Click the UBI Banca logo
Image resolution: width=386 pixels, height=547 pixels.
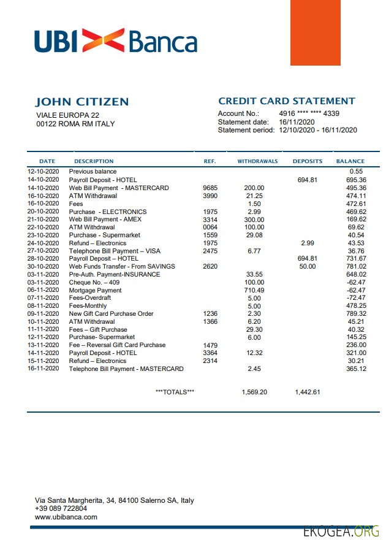[116, 41]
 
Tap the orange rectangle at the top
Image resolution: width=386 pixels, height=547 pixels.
[315, 33]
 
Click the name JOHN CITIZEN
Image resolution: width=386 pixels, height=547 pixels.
[82, 102]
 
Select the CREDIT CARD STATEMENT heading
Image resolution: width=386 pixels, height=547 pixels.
[286, 101]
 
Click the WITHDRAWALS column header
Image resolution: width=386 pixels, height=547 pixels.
[257, 161]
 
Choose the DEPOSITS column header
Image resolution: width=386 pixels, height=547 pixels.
[307, 161]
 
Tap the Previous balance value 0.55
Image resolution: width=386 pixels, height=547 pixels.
[357, 172]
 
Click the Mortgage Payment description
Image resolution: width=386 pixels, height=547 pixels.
[95, 290]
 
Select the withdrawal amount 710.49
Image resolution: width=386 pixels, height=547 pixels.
[254, 290]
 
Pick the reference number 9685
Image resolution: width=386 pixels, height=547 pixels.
[210, 188]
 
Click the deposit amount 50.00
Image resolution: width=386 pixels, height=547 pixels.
[307, 266]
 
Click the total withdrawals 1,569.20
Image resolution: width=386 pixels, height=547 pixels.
[254, 392]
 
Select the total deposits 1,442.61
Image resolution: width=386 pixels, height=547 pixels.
[307, 392]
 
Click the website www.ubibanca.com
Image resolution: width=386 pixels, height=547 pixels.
[66, 517]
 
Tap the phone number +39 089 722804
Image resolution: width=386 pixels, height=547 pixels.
[61, 508]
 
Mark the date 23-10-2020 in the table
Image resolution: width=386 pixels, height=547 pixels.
[43, 235]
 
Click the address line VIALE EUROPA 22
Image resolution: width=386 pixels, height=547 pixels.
[67, 115]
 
